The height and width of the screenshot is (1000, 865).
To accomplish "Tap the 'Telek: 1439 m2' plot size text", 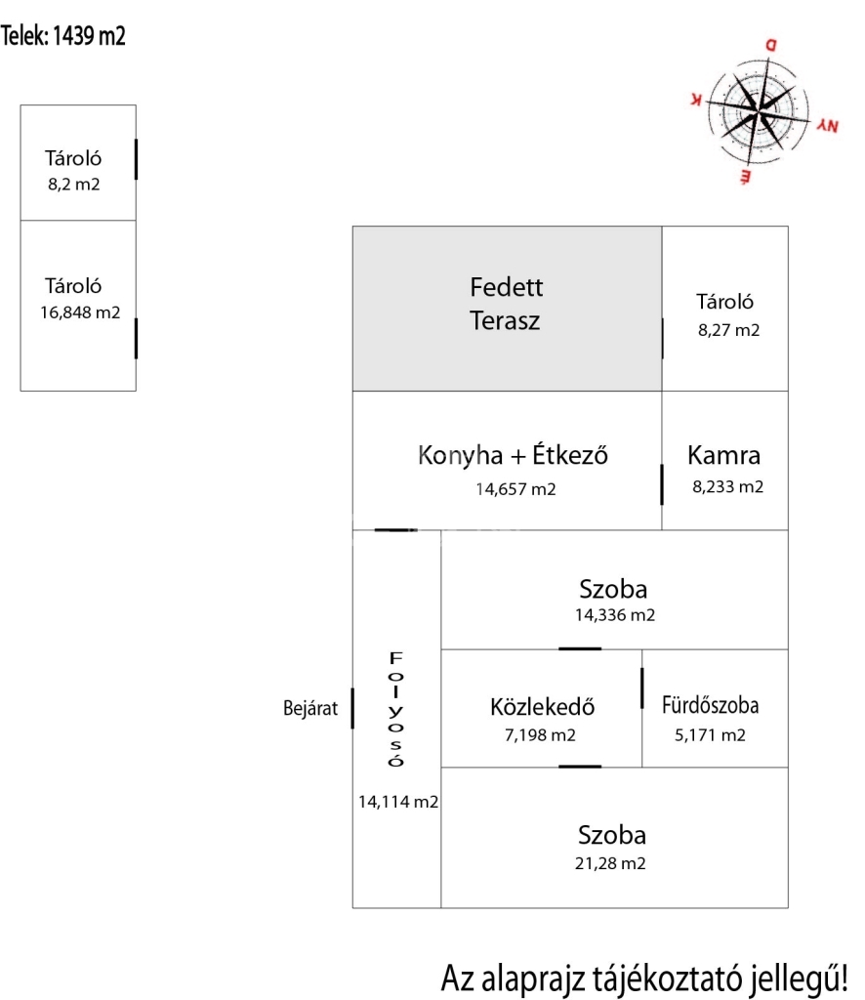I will point(64,37).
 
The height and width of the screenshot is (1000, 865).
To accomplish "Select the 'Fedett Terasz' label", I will point(506,304).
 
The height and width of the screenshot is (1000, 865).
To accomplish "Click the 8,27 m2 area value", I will point(728,330).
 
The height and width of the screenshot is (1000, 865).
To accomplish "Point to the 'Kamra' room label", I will point(723,455).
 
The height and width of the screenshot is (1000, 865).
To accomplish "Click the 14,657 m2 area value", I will point(515,489).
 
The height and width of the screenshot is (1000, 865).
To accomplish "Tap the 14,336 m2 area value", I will point(615,615).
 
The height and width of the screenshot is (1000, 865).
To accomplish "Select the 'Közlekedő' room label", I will point(543,707).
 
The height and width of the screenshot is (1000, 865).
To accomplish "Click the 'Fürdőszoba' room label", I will point(710,705).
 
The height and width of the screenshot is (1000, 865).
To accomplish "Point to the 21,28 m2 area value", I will point(612,863).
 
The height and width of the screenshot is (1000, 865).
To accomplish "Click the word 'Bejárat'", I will point(310,710).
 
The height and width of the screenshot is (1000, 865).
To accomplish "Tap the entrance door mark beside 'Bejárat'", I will point(351,709).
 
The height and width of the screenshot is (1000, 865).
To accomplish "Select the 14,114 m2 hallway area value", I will point(397,802).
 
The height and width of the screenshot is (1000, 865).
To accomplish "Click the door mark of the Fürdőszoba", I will point(642,687).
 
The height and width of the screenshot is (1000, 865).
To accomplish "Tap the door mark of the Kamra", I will point(662,484).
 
